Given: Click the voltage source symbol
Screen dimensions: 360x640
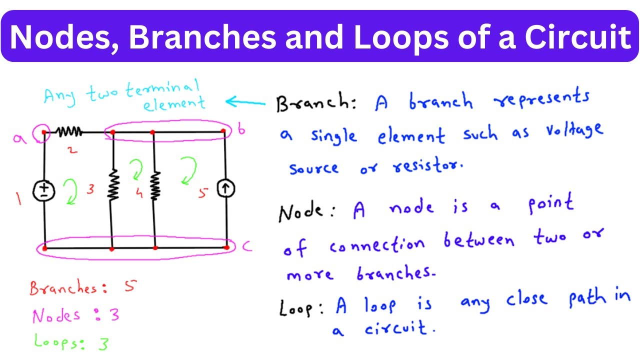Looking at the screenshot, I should (x=44, y=190).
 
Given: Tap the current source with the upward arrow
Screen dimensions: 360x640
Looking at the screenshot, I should (x=226, y=189).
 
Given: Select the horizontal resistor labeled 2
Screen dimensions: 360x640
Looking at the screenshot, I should (x=69, y=132).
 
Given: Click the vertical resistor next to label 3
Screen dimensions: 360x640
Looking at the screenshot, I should (x=113, y=184).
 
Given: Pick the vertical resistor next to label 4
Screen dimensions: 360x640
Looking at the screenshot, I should (x=155, y=185).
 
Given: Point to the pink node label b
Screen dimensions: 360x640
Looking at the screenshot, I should (x=241, y=130).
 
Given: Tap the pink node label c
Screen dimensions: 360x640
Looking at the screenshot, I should (x=245, y=246).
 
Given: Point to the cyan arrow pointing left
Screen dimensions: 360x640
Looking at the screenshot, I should (x=245, y=102).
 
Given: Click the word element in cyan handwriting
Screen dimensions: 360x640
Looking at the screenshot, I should (x=174, y=103).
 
